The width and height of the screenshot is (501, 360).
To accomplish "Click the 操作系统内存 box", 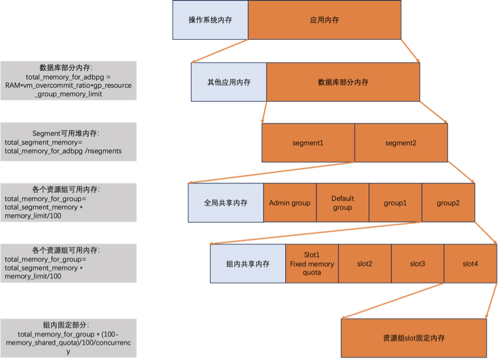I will click(210, 20).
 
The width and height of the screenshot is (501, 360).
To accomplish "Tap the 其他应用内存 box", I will click(229, 83).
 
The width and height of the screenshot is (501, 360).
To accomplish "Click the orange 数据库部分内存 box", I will click(343, 83).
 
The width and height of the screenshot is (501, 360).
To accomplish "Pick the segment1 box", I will click(308, 143).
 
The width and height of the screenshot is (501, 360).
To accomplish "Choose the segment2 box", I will click(401, 143).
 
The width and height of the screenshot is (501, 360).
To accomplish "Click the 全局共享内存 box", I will click(226, 203).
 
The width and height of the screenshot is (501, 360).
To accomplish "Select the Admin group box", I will click(289, 203).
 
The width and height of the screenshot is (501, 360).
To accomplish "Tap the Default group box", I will click(342, 203).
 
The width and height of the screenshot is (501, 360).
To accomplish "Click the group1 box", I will click(395, 203).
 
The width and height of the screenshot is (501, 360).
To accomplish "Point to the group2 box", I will click(448, 203).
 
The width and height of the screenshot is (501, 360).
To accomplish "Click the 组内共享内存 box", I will click(248, 264).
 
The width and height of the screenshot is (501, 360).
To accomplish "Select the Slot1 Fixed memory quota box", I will click(312, 264).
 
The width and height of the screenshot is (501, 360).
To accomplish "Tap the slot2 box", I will click(364, 264).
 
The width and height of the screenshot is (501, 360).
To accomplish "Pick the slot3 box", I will click(417, 264).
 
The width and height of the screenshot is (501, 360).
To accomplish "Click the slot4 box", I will click(470, 264).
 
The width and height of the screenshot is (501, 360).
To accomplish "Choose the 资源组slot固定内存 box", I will click(414, 338).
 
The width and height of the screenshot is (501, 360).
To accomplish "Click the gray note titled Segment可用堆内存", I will click(68, 142).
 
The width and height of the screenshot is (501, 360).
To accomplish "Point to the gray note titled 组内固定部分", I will click(68, 338).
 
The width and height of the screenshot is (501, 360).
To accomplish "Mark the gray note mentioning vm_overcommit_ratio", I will click(68, 81).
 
